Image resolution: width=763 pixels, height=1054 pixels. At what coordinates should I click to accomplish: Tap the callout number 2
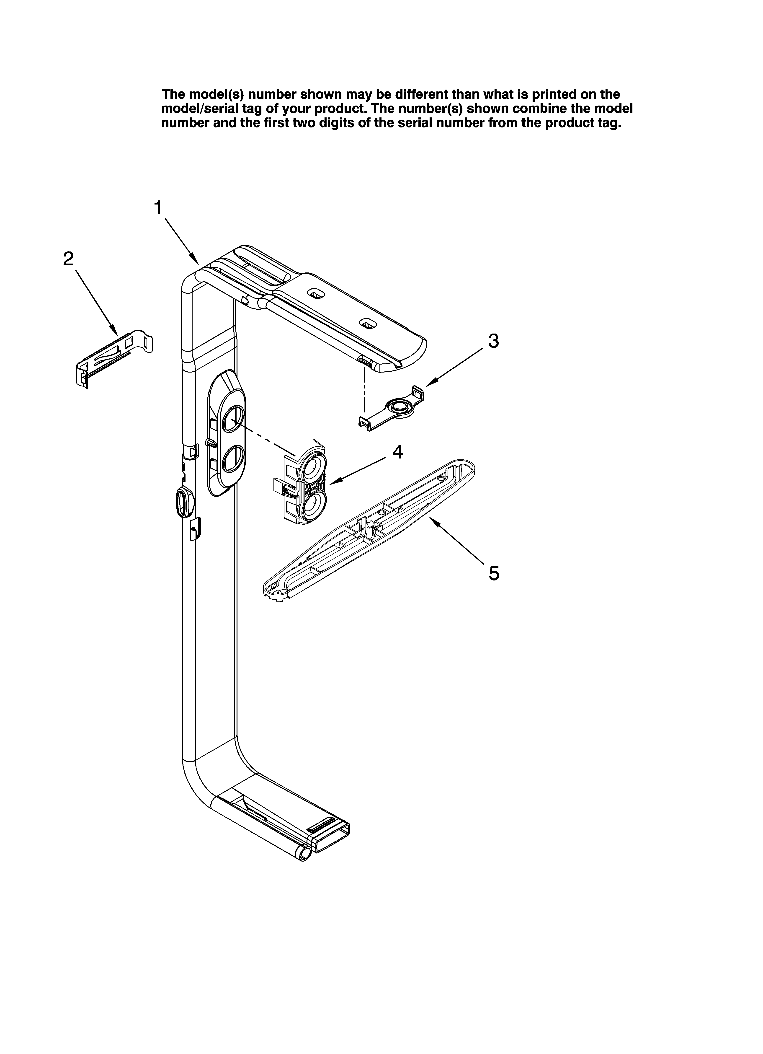(x=68, y=259)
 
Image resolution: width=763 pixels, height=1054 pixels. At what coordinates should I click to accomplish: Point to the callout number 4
(x=397, y=452)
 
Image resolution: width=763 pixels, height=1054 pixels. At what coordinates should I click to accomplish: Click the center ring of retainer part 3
(x=398, y=407)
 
